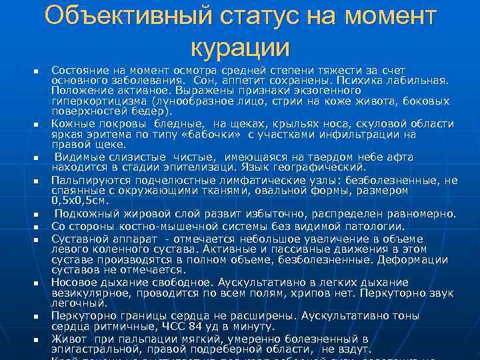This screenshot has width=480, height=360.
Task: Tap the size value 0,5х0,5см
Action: [x=81, y=200]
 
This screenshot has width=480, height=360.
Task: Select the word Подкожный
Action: [x=89, y=214]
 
